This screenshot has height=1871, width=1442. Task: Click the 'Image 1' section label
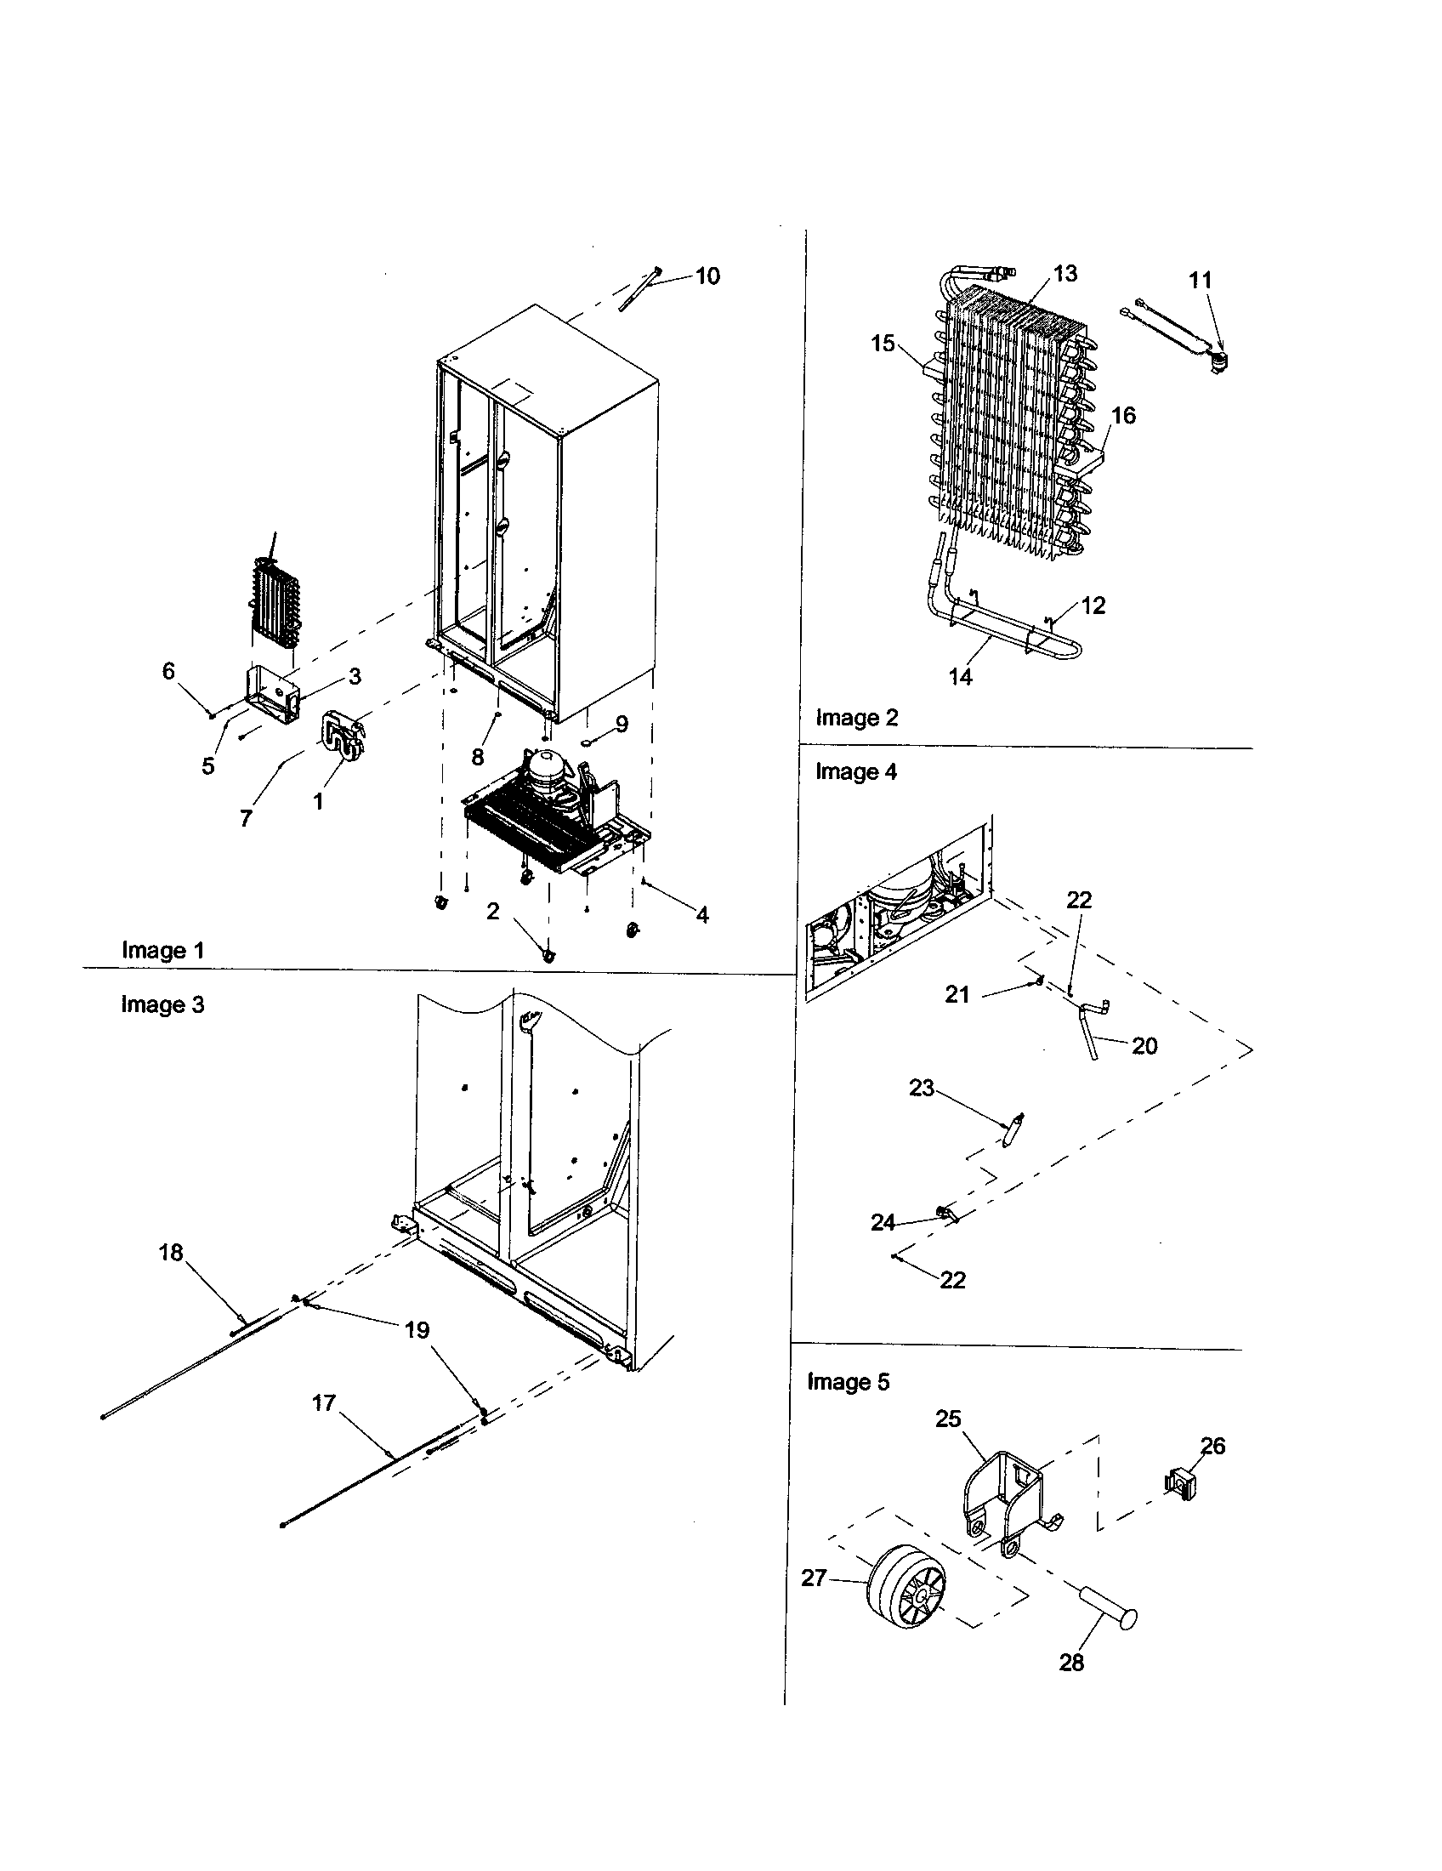162,950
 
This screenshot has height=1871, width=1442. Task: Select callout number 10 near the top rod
707,276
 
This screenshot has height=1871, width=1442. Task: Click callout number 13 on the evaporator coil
1064,273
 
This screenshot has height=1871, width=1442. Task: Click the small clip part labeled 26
1179,1483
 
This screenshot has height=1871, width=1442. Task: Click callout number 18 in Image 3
171,1253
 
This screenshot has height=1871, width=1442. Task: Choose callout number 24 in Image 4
883,1222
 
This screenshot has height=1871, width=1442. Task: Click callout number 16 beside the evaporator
1122,416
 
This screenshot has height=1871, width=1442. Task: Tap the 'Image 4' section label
855,772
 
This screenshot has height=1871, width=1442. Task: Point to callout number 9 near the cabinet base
622,725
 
